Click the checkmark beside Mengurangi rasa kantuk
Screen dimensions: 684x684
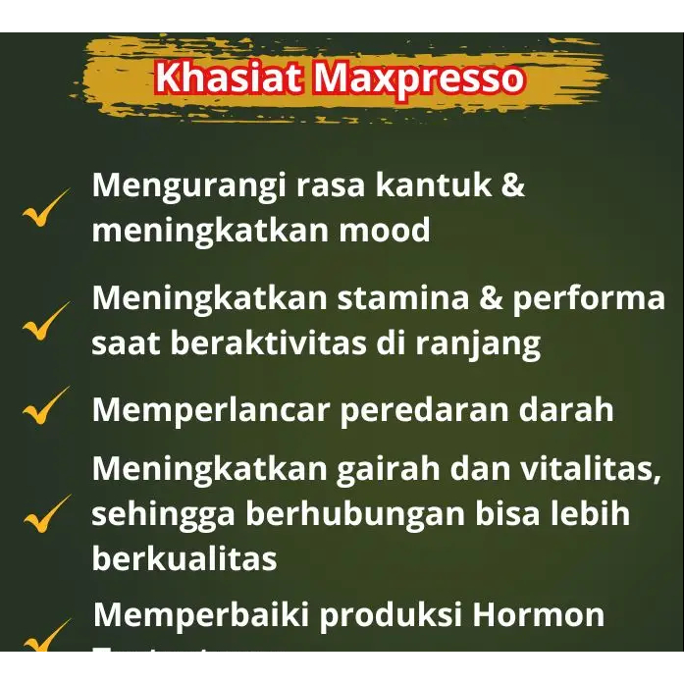click(45, 207)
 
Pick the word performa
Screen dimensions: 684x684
click(589, 298)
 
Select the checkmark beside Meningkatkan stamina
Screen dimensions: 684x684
click(45, 321)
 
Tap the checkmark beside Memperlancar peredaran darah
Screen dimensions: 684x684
click(45, 405)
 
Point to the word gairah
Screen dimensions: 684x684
click(383, 469)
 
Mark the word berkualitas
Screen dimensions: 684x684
click(184, 558)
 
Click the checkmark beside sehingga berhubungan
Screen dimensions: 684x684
click(45, 513)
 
